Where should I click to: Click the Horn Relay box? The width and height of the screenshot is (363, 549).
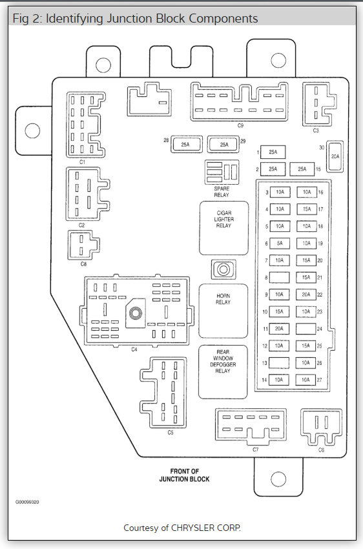223,311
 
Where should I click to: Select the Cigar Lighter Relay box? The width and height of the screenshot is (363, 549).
224,228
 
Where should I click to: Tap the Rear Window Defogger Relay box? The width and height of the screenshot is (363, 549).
223,372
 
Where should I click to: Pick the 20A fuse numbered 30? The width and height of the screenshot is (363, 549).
335,156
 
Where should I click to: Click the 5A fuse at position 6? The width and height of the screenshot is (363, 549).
279,243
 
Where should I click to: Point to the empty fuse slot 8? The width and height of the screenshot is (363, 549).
279,277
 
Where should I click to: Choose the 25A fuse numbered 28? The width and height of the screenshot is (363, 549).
187,144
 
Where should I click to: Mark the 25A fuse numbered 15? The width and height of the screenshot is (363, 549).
302,169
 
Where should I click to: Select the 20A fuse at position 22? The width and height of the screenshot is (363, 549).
306,295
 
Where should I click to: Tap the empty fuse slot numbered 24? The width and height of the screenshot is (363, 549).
306,329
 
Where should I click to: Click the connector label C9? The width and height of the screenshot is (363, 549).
240,125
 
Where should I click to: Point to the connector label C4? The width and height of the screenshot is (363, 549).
134,349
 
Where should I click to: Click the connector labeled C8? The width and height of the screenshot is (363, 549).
83,245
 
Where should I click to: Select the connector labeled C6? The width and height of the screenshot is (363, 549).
321,427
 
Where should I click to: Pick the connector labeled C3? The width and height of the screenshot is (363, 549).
318,105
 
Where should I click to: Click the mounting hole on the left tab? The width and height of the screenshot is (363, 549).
32,130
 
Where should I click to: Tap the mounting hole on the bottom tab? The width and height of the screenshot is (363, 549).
278,479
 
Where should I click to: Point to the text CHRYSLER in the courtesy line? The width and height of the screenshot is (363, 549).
193,528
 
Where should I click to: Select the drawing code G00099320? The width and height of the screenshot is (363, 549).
27,502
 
